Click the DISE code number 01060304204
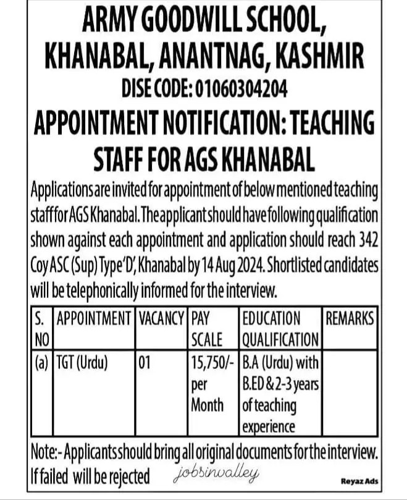[x=241, y=90]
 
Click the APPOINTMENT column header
[x=94, y=319]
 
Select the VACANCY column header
[x=162, y=319]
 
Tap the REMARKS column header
[x=350, y=319]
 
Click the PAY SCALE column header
[x=206, y=329]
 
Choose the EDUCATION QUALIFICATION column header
[x=280, y=329]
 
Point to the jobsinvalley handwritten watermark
[x=211, y=473]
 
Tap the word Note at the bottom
[x=43, y=452]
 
